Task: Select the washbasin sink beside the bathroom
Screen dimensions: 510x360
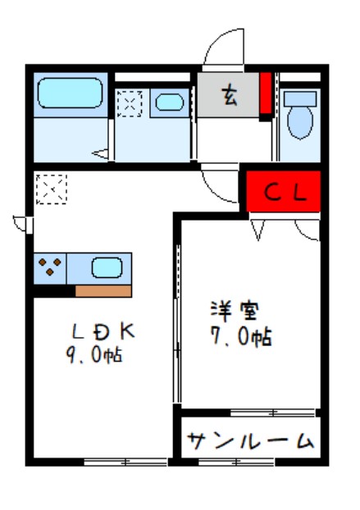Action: pos(170,103)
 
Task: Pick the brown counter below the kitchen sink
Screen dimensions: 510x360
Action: pos(103,290)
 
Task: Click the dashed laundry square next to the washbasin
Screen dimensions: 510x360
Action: pos(130,103)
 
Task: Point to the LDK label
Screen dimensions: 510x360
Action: pos(102,332)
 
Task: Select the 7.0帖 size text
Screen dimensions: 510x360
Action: pos(239,336)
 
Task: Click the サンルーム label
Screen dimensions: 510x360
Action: pos(250,441)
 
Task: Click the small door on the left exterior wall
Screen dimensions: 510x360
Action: pos(22,222)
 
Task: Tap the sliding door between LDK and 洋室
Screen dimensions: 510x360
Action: pos(176,328)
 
